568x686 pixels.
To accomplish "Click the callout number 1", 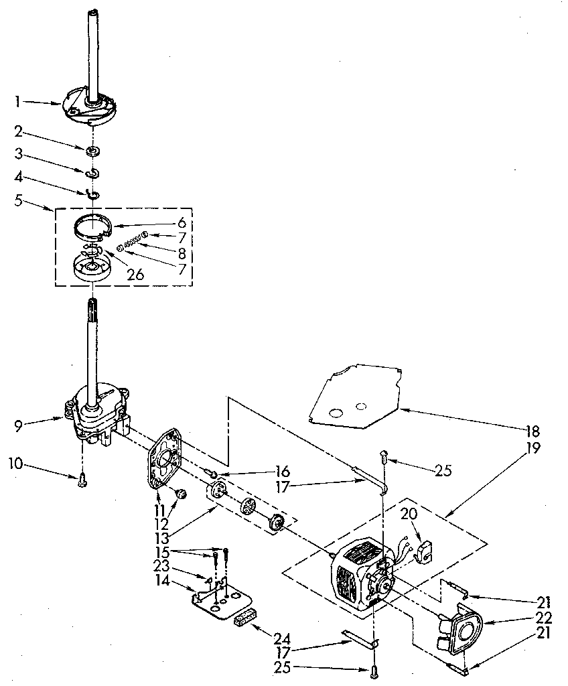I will coord(18,102).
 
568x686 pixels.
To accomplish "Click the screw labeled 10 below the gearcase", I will coord(82,478).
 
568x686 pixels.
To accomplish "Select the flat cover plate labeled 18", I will coord(355,395).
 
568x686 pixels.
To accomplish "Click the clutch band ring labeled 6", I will coord(92,224).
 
